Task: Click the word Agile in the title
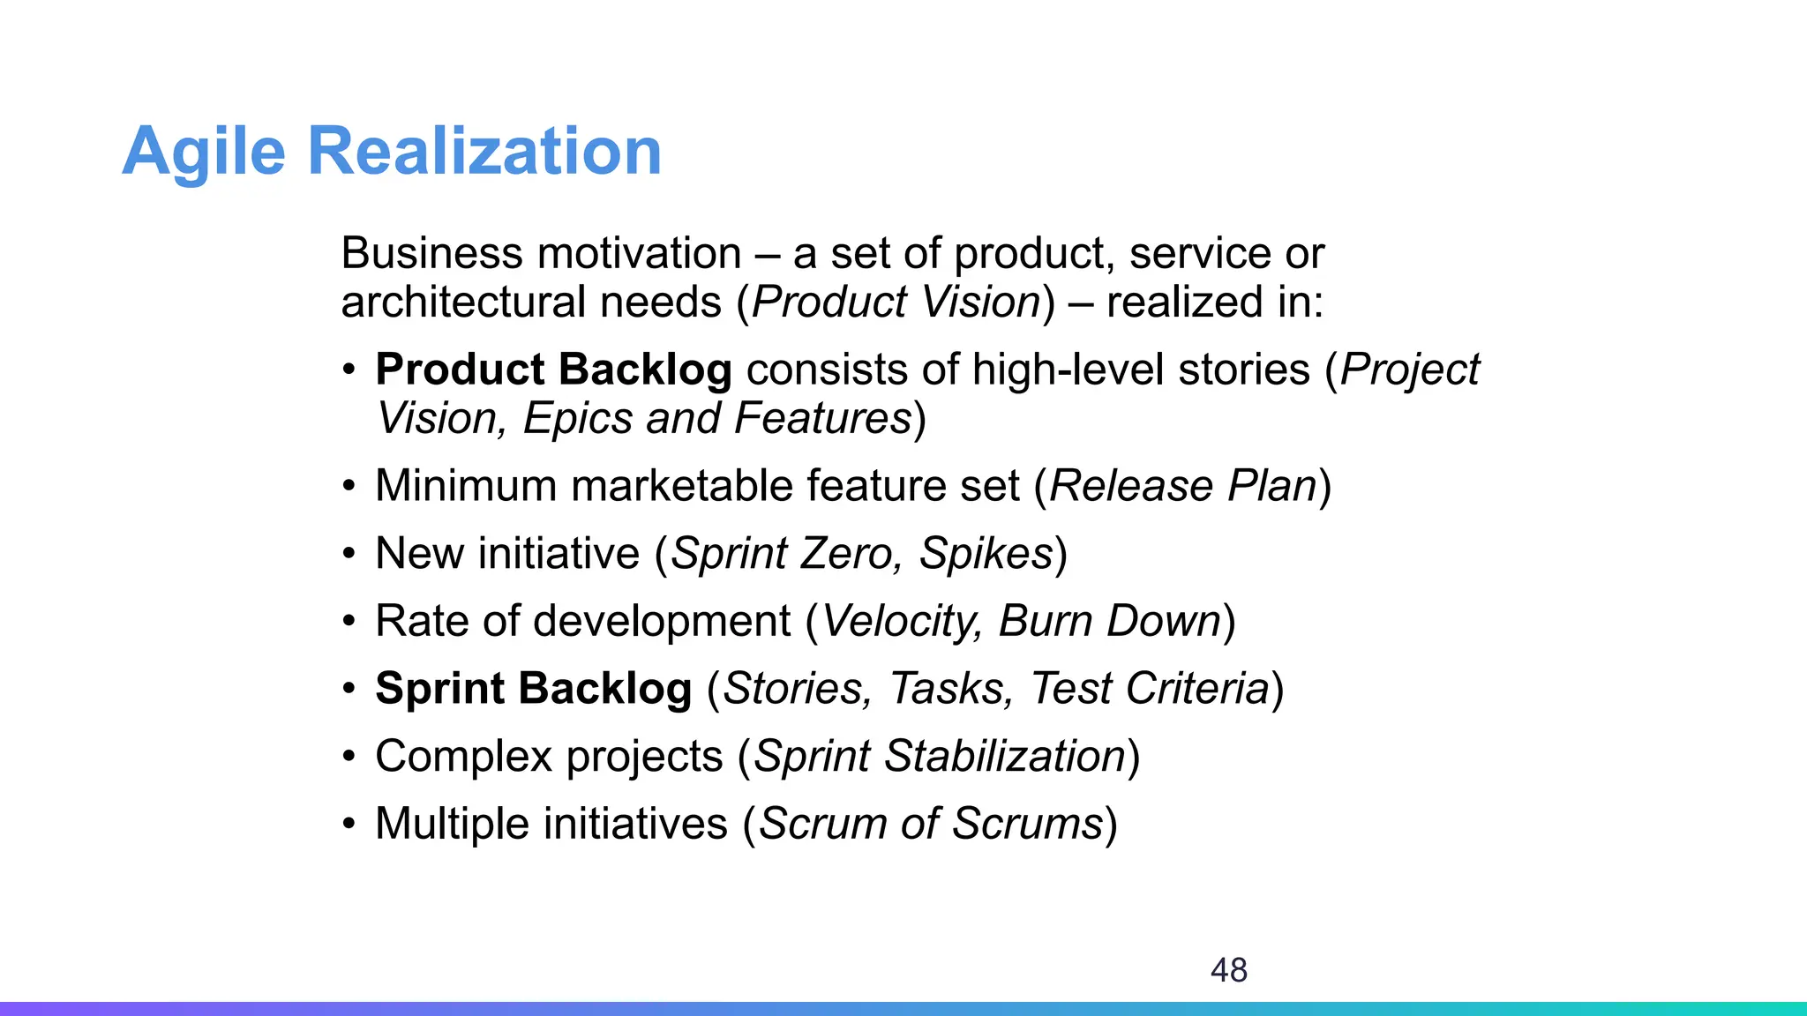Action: pos(204,152)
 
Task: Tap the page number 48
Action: pos(1228,970)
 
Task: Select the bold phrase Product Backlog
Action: pos(553,370)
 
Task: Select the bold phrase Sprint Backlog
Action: pos(533,689)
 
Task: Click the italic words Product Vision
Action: pos(896,303)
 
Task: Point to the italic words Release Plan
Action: pos(1182,486)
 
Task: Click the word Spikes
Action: pos(986,554)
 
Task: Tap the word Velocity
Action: pos(901,621)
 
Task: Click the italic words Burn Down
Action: pos(1109,621)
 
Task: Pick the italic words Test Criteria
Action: pos(1150,689)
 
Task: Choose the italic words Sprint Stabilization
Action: pos(941,757)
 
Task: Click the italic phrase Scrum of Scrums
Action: pos(931,824)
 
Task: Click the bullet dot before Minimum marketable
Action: pos(349,486)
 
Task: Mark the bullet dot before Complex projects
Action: pos(349,757)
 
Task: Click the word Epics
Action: pos(577,419)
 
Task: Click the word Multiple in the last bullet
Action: pos(452,824)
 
